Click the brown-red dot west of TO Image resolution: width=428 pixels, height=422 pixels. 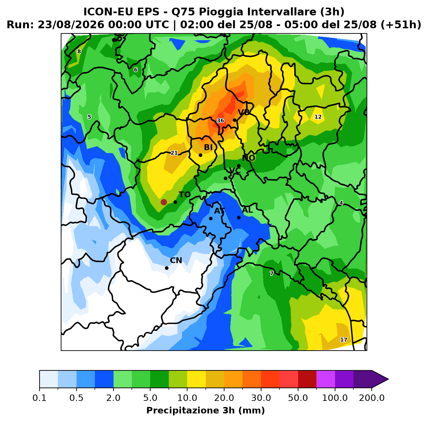coord(164,202)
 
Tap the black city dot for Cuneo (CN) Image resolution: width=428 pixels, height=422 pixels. coord(167,268)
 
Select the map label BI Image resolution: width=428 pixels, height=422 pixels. coord(208,147)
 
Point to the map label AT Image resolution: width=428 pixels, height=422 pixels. coord(219,211)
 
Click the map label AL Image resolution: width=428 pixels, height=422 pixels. coord(247,210)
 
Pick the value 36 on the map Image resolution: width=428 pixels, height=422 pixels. coord(220,120)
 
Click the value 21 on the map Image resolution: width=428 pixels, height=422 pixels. coord(174,153)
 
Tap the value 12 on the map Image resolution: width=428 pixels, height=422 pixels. coord(318,117)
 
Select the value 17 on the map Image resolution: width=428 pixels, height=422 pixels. coord(344,340)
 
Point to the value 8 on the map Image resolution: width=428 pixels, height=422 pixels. coord(79,51)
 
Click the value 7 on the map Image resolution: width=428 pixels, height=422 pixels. coord(271,273)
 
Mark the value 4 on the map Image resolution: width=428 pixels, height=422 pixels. coord(341,203)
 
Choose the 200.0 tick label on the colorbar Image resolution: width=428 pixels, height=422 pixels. coord(372,398)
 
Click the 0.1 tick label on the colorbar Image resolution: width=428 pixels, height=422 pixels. coord(40,398)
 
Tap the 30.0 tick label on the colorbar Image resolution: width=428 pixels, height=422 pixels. coord(261,398)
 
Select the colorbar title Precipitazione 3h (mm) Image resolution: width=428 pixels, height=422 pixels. coord(205,410)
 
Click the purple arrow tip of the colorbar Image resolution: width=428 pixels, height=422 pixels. coord(388,379)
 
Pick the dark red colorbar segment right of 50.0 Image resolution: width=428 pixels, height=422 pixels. coord(307,379)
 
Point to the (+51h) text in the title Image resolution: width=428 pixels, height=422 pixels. coord(401,25)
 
